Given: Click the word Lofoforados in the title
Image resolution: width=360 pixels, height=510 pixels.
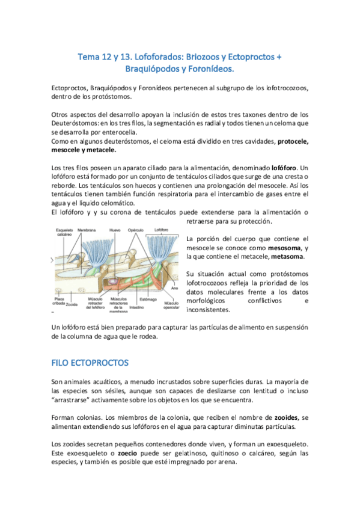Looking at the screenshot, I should pos(141,57).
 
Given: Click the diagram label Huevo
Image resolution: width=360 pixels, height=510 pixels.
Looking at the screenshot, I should pos(115,230).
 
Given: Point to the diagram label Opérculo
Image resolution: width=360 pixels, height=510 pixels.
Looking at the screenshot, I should pos(138,230).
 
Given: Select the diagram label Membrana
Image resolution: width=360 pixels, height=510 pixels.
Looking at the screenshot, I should pos(85,230).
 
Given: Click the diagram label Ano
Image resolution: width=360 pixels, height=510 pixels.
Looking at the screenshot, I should pos(173,288).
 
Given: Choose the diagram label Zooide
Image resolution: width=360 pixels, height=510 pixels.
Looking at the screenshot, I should pos(72,305).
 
